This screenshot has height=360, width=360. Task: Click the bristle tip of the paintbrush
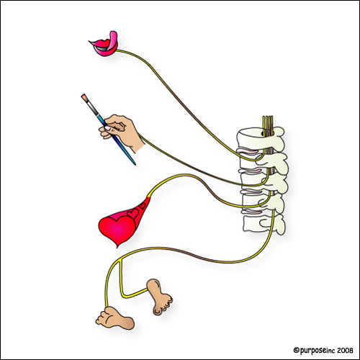84,97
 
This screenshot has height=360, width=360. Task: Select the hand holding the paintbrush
122,132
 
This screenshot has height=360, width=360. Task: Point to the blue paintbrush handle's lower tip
135,164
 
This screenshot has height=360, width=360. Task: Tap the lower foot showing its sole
114,318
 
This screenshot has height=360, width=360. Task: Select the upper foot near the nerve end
159,297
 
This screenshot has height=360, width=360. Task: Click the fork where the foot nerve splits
118,261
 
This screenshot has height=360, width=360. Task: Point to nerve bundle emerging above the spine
268,124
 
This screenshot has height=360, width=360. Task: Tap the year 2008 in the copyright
345,351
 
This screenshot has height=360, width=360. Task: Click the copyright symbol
296,351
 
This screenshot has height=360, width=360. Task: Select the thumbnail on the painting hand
108,129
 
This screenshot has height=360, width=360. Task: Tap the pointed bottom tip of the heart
117,247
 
